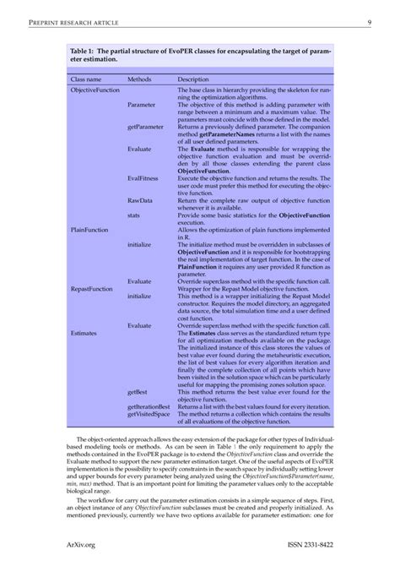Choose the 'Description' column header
(x=193, y=79)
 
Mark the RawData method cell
(x=140, y=199)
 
